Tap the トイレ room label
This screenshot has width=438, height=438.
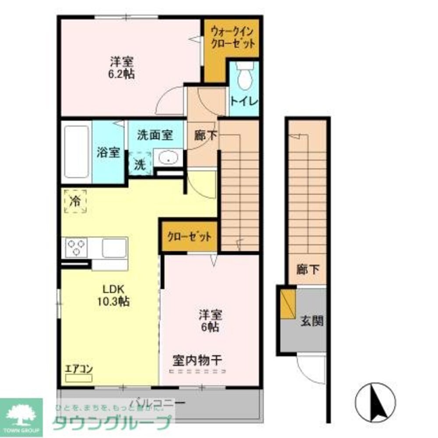244,101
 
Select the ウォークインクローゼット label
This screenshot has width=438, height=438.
233,37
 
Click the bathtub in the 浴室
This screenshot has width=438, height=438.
76,152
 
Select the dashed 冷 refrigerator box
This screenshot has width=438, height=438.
75,201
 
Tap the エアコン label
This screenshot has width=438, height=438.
79,369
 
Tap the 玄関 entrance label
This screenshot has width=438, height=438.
312,321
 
